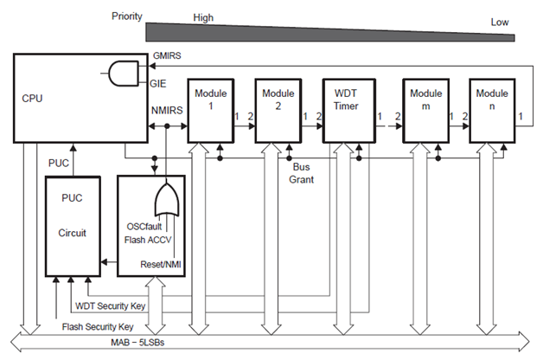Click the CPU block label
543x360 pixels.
pyautogui.click(x=32, y=99)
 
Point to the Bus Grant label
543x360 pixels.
pyautogui.click(x=303, y=173)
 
